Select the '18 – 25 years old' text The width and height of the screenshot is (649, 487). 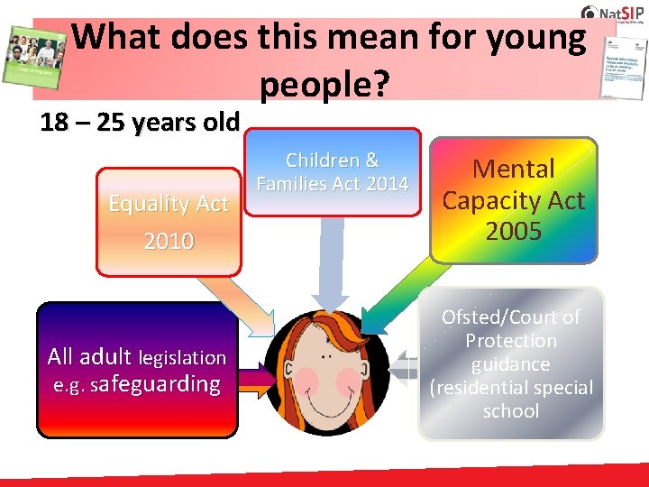click(140, 122)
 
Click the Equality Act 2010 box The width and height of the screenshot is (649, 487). click(169, 222)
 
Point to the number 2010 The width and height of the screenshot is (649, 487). click(169, 241)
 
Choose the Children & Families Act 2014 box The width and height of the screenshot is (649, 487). click(332, 172)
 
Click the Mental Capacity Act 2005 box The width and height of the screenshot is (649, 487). click(513, 200)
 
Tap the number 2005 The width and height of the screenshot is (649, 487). click(513, 232)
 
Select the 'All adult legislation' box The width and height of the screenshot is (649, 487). click(136, 370)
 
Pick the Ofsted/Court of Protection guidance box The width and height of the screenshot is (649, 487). click(511, 363)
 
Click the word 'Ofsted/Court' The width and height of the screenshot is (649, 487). click(511, 317)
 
